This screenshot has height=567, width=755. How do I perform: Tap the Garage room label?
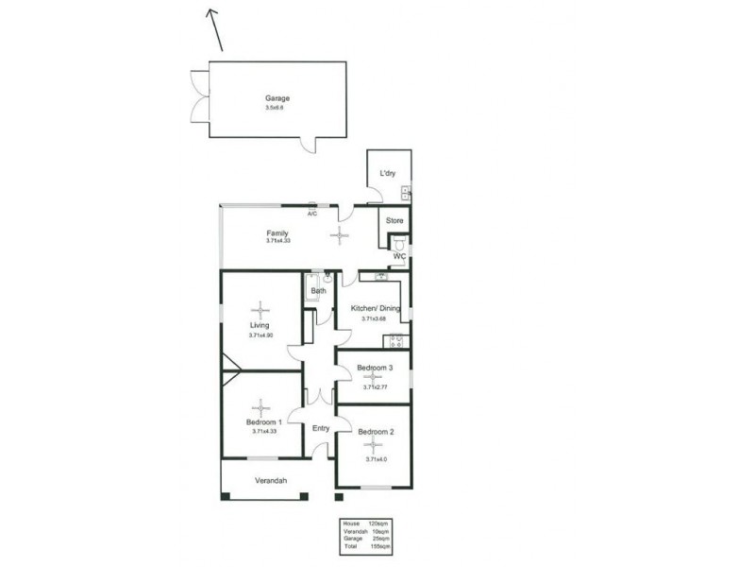pos(277,98)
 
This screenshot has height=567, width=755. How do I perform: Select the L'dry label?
pos(387,174)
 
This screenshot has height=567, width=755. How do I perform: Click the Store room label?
pos(394,221)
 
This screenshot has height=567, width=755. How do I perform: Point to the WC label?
pos(398,256)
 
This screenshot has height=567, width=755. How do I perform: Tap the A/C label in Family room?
pos(311,214)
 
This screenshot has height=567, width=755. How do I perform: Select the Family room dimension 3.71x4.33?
pos(281,241)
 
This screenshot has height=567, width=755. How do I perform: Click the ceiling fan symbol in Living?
pos(260,309)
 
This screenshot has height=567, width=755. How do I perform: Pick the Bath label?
pos(318,291)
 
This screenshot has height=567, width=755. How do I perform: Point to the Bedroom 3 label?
pos(375,367)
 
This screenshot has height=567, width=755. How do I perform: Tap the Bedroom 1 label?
pos(263,421)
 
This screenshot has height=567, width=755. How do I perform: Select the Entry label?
pos(321,428)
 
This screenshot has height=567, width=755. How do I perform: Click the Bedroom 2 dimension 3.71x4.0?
pos(375,459)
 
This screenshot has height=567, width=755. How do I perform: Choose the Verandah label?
pos(270,481)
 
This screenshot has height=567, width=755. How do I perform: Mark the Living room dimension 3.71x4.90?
pos(260,335)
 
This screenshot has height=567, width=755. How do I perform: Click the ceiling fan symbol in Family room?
pos(339,236)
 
